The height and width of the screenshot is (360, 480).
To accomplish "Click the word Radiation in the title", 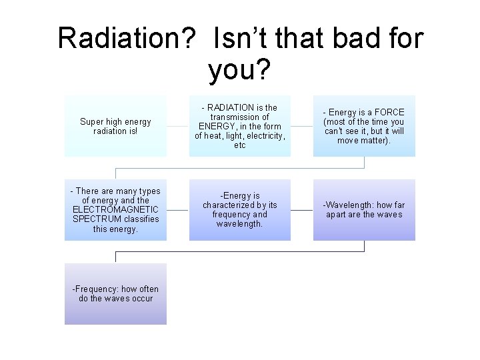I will coord(127,39).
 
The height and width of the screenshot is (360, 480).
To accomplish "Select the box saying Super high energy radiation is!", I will coord(115,126).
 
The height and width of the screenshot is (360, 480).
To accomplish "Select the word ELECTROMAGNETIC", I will coord(115,209).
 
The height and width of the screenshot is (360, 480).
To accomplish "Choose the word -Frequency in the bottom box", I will coord(96,289).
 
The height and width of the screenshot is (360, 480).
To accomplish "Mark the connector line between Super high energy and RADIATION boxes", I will coord(177,126).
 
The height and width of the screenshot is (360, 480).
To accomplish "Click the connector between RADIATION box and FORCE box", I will coord(302,126).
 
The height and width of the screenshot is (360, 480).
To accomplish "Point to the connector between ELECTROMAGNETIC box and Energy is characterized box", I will coord(177,210).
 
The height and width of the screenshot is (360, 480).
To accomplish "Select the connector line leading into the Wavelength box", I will coord(302,210).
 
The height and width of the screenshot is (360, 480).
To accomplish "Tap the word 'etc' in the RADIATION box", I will coord(239,145).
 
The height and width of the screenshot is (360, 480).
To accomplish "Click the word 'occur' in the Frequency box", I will coord(141,298).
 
